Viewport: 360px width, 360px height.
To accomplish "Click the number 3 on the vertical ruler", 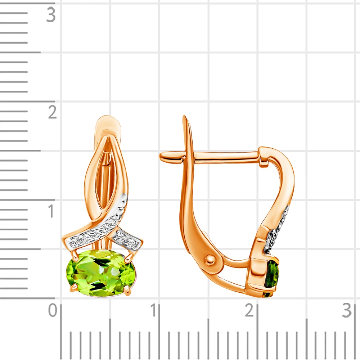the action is tap(51, 15).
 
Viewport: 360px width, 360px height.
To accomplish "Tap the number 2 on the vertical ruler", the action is tap(52, 112).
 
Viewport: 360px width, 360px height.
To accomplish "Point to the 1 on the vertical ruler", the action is tap(51, 211).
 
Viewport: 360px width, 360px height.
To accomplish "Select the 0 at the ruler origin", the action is tap(53, 310).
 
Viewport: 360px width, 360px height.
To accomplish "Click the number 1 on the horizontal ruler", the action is tap(153, 310).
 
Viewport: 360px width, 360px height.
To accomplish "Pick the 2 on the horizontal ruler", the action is tap(249, 310).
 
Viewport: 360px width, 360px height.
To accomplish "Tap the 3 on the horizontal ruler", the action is tap(347, 310).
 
